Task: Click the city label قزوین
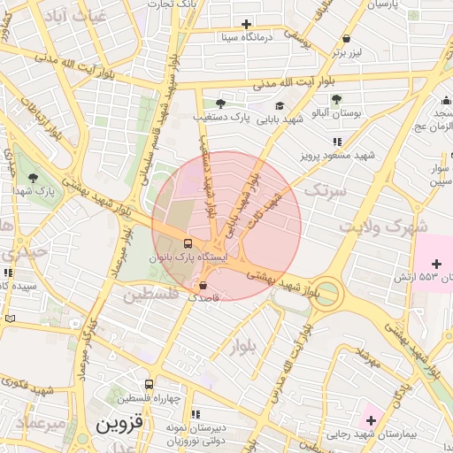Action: [118, 425]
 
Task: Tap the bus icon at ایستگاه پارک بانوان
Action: [188, 243]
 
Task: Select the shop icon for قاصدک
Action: [204, 286]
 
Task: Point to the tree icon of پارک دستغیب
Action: [220, 104]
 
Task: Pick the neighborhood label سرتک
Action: [323, 189]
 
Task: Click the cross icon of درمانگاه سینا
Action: [246, 24]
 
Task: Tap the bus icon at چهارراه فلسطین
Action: [149, 385]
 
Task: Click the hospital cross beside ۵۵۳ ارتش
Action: [436, 264]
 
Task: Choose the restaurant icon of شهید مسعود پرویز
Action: [336, 142]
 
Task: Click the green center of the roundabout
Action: [327, 292]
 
